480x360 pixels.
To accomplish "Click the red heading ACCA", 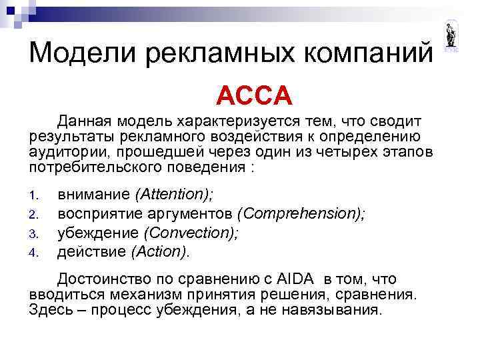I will click(254, 97).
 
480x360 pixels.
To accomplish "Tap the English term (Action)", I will click(161, 251).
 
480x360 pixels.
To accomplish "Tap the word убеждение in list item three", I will click(99, 233).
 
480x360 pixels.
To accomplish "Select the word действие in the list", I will click(92, 251).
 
